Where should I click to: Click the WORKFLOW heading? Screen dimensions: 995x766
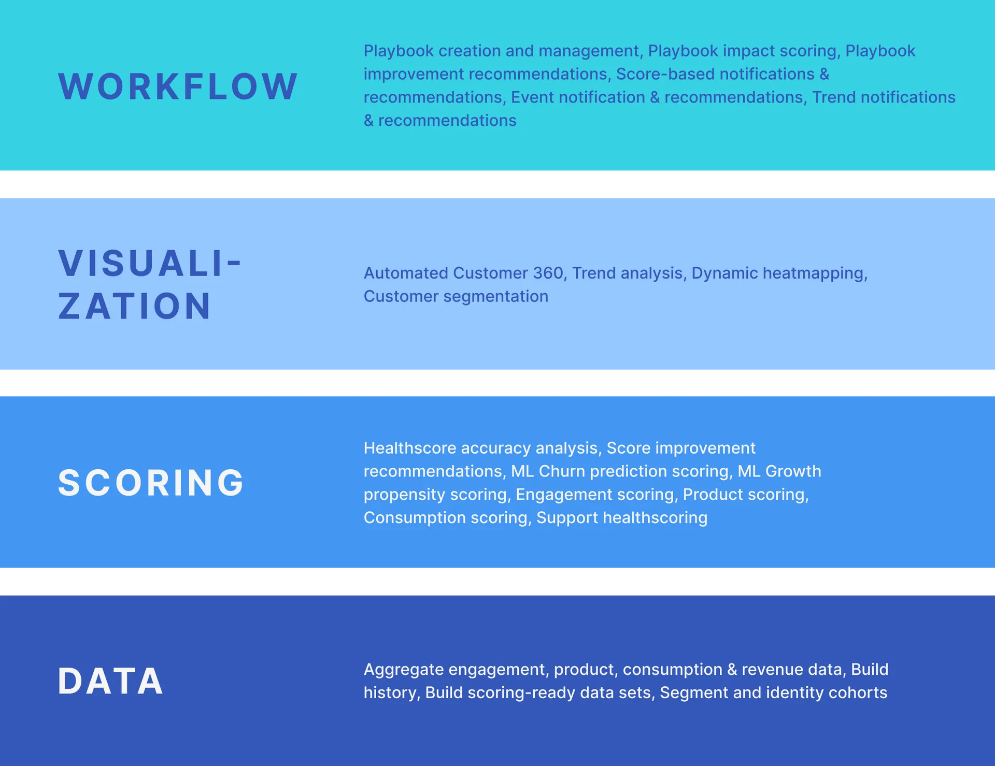pos(178,86)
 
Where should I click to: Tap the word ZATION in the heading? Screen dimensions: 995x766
pos(135,306)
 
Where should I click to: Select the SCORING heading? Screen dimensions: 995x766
pos(151,483)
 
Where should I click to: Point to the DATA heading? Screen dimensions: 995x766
pos(111,681)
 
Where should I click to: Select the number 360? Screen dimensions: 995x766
pos(548,273)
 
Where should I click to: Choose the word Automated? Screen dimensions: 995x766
pos(406,273)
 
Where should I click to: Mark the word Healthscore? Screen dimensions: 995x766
pos(409,448)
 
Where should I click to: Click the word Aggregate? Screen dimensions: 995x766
pos(404,670)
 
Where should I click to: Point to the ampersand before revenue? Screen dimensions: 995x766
pos(732,670)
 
